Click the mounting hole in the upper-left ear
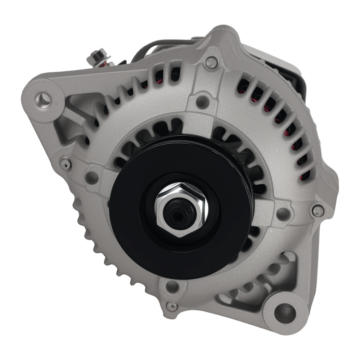pos(43,97)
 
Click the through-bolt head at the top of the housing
pos(212,63)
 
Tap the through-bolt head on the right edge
pos(318,211)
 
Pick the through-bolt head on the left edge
pos(66,163)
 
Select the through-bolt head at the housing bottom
pos(172,306)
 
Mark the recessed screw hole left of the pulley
pos(92,177)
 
